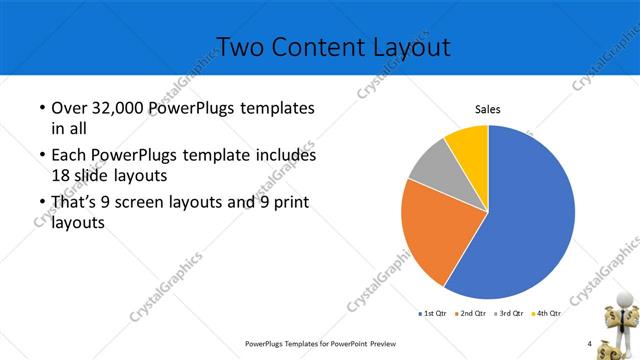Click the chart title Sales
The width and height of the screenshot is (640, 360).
(487, 110)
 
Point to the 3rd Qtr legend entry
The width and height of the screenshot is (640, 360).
(510, 313)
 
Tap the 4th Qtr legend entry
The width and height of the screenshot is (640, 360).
(546, 313)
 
